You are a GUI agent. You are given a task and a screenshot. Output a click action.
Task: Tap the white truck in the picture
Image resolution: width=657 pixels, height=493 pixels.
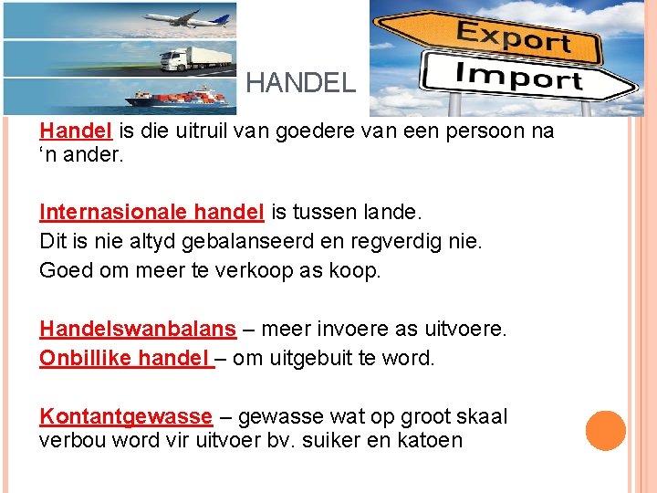click(x=195, y=58)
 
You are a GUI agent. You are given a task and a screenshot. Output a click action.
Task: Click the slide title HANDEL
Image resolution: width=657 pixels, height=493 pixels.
click(x=300, y=84)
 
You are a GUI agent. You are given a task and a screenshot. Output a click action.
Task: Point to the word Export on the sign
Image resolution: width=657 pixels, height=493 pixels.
click(x=513, y=37)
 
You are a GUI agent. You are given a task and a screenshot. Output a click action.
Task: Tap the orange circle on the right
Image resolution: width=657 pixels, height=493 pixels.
click(x=605, y=431)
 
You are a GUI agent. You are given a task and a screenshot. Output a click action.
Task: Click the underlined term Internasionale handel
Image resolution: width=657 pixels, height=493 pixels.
click(x=151, y=213)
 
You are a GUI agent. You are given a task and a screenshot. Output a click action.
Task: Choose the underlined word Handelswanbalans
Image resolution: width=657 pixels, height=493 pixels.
click(x=137, y=329)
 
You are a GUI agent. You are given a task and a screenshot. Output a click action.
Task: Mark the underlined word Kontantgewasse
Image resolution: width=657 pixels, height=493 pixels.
click(x=126, y=417)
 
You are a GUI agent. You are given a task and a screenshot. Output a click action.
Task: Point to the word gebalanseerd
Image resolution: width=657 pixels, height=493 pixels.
click(x=234, y=242)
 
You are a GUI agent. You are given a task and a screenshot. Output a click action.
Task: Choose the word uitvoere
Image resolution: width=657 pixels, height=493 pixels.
click(x=465, y=329)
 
